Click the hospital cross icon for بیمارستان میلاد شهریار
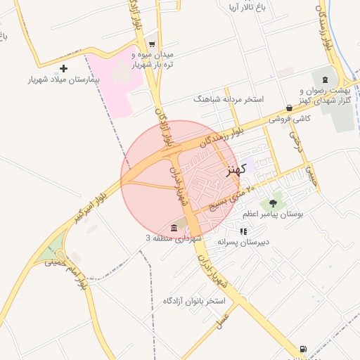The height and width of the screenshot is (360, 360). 64,68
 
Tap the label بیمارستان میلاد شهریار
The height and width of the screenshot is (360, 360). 63,80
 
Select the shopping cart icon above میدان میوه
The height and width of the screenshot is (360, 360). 152,44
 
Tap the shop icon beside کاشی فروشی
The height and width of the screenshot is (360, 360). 289,108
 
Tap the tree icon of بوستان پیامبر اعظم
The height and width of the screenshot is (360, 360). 273,204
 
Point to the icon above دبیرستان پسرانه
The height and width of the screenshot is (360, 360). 243,231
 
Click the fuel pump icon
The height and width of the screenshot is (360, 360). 303,348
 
